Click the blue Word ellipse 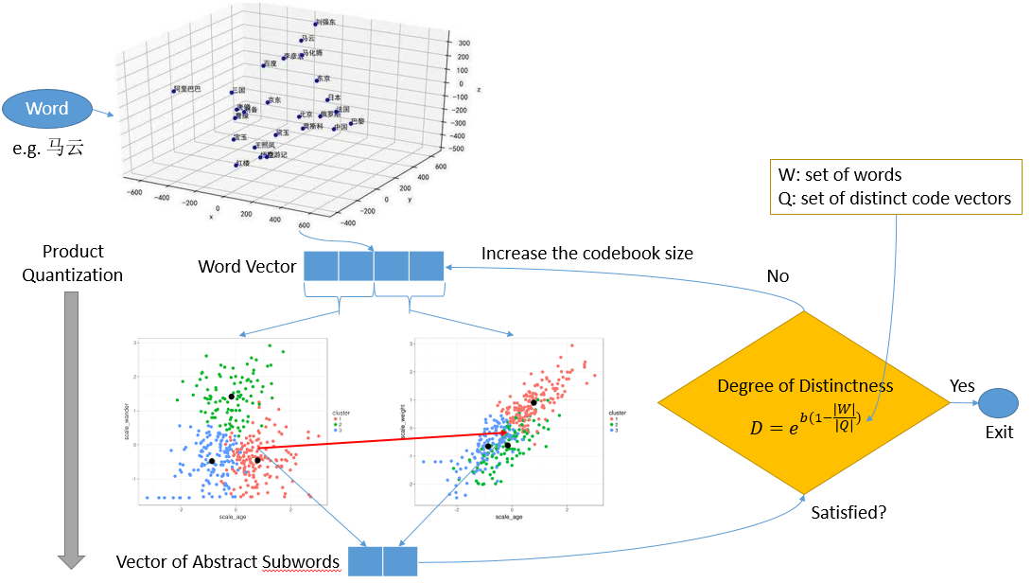(47, 109)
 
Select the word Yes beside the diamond (963, 386)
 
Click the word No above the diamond (778, 276)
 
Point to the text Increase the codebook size (586, 254)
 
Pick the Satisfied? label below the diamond (849, 514)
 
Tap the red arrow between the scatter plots (378, 441)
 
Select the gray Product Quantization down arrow (72, 426)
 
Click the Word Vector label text (247, 266)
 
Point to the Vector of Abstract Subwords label (227, 562)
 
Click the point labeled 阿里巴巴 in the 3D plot (174, 91)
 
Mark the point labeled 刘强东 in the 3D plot (317, 23)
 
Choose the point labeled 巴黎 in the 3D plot (350, 122)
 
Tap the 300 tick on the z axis (464, 43)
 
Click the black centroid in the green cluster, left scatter (231, 397)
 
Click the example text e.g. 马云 (48, 148)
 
